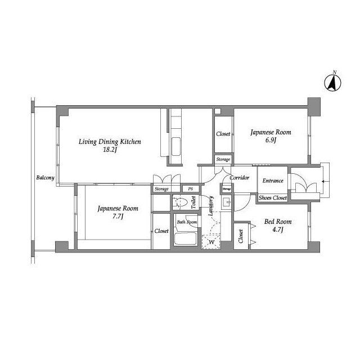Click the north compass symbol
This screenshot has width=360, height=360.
pyautogui.click(x=332, y=83)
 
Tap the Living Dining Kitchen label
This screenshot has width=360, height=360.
pyautogui.click(x=110, y=142)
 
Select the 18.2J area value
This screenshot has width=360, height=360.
pyautogui.click(x=110, y=150)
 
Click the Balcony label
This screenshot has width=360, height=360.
pyautogui.click(x=45, y=178)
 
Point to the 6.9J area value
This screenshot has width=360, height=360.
pyautogui.click(x=271, y=140)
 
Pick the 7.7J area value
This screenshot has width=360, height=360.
pyautogui.click(x=118, y=216)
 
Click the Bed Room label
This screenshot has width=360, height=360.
pyautogui.click(x=278, y=222)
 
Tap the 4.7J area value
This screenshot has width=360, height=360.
pyautogui.click(x=278, y=229)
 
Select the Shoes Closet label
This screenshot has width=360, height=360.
pyautogui.click(x=273, y=197)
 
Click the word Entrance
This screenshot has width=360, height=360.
pyautogui.click(x=273, y=181)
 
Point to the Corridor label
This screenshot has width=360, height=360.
pyautogui.click(x=240, y=178)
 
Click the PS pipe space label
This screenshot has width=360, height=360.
pyautogui.click(x=190, y=189)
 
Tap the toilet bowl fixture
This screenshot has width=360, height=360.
pyautogui.click(x=180, y=202)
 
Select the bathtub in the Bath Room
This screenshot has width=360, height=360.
pyautogui.click(x=186, y=238)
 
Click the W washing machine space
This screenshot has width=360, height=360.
pyautogui.click(x=211, y=242)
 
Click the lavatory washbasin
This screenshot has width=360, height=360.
pyautogui.click(x=227, y=202)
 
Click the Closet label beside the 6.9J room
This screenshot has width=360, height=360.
pyautogui.click(x=223, y=134)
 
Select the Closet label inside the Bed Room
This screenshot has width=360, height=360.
pyautogui.click(x=241, y=236)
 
